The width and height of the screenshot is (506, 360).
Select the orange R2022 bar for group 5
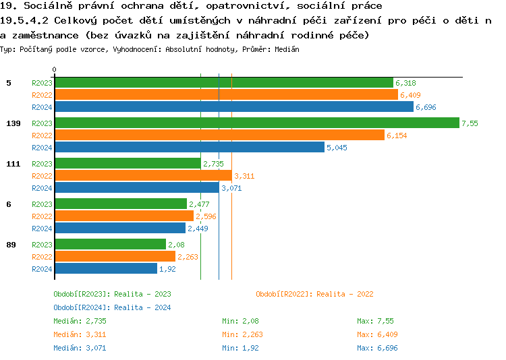[x=226, y=95]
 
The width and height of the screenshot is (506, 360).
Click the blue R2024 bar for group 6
[x=119, y=229]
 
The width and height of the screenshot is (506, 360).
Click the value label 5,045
[x=337, y=148]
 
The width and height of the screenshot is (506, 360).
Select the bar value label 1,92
[x=167, y=269]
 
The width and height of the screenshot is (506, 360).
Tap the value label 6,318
[x=405, y=83]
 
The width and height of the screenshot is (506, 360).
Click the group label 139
[x=13, y=123]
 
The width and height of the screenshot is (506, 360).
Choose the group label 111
[x=13, y=164]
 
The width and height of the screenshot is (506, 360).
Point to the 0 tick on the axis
[x=55, y=70]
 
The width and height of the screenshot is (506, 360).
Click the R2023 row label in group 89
[x=42, y=245]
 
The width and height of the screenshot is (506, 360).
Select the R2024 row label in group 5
[x=42, y=107]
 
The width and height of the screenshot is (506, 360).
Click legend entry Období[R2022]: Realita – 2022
[x=314, y=294]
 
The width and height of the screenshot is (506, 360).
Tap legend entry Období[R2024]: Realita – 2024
[x=112, y=307]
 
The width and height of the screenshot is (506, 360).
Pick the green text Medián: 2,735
[x=80, y=321]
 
